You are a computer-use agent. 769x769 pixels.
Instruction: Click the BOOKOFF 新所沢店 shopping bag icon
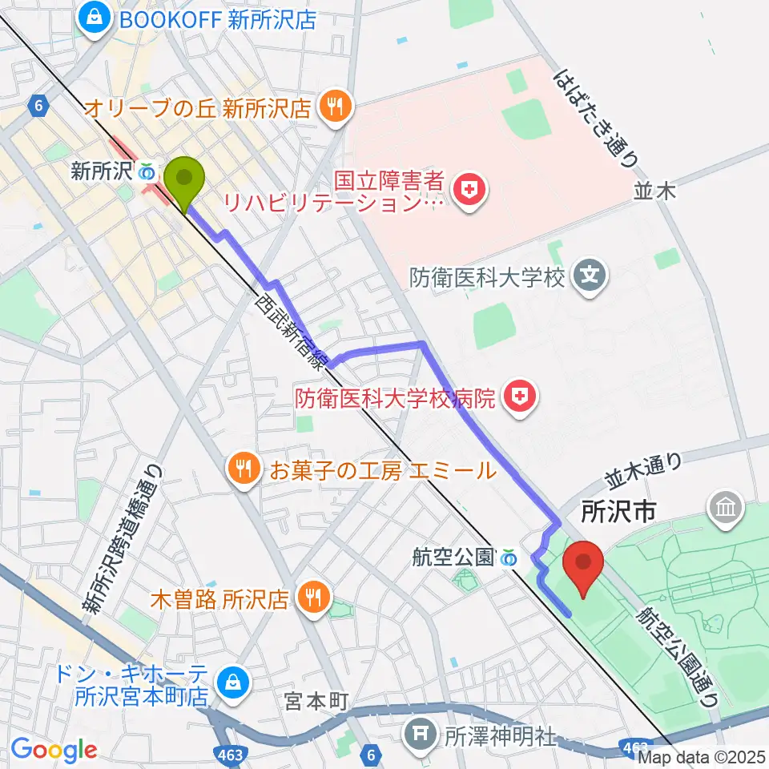coord(95,17)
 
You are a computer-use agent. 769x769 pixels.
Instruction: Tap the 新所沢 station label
coord(102,171)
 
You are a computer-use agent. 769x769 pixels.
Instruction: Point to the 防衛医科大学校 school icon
coord(590,277)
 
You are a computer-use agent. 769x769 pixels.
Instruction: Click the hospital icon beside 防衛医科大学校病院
coord(520,395)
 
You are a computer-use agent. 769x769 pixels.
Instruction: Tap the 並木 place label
coord(655,190)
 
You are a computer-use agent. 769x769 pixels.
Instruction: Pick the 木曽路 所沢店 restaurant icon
coord(311,598)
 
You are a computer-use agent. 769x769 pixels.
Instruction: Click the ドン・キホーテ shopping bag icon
coord(232,683)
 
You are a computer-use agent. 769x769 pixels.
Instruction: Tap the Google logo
coord(54,749)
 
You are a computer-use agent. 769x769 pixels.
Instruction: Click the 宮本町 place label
coord(316,702)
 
